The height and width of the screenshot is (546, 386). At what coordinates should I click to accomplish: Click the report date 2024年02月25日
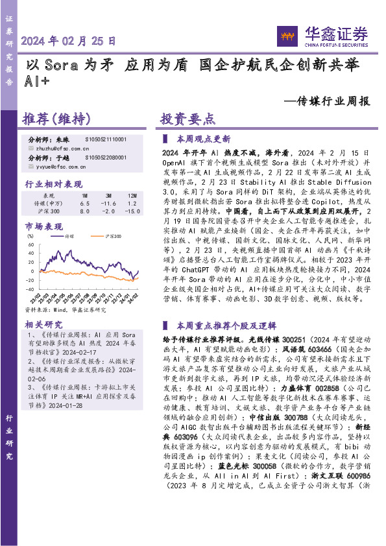click(69, 41)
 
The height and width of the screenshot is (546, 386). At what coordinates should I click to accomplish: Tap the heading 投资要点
click(188, 119)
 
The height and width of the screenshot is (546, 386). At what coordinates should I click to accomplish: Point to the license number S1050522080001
click(106, 158)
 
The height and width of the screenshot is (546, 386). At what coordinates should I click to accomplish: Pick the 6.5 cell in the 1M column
click(84, 204)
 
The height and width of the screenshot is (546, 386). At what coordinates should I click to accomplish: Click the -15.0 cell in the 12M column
click(132, 211)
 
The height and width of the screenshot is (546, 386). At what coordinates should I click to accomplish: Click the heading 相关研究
click(43, 324)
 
